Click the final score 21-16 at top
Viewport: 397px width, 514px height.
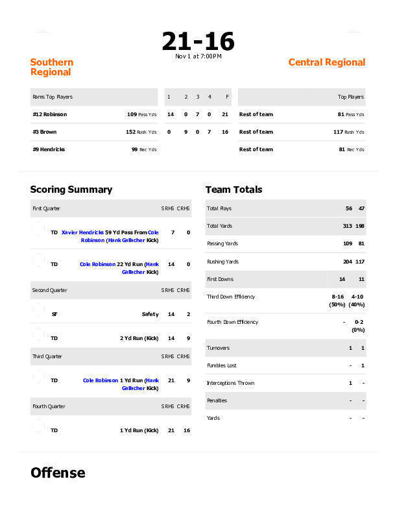tap(198, 42)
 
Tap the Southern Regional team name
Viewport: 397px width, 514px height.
tap(52, 67)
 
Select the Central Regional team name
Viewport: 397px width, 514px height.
tap(326, 62)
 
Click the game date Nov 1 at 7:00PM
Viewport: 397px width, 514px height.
tap(198, 56)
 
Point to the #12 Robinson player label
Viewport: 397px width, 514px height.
tap(49, 114)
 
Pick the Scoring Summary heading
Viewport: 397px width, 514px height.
tap(71, 190)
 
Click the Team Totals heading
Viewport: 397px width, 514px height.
tap(234, 190)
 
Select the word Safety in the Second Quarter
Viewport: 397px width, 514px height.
tap(150, 314)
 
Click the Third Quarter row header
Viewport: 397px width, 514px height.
tap(47, 356)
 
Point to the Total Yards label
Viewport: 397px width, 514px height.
tap(219, 226)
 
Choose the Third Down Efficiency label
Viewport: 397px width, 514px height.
tap(230, 297)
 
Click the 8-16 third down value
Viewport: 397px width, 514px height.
tap(337, 297)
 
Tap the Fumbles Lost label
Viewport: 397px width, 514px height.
tap(221, 365)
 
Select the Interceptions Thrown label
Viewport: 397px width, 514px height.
tap(230, 383)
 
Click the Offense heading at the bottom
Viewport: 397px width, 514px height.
tap(58, 472)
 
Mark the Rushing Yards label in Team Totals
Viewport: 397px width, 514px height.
tap(223, 262)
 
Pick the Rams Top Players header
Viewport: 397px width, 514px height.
tap(53, 97)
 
